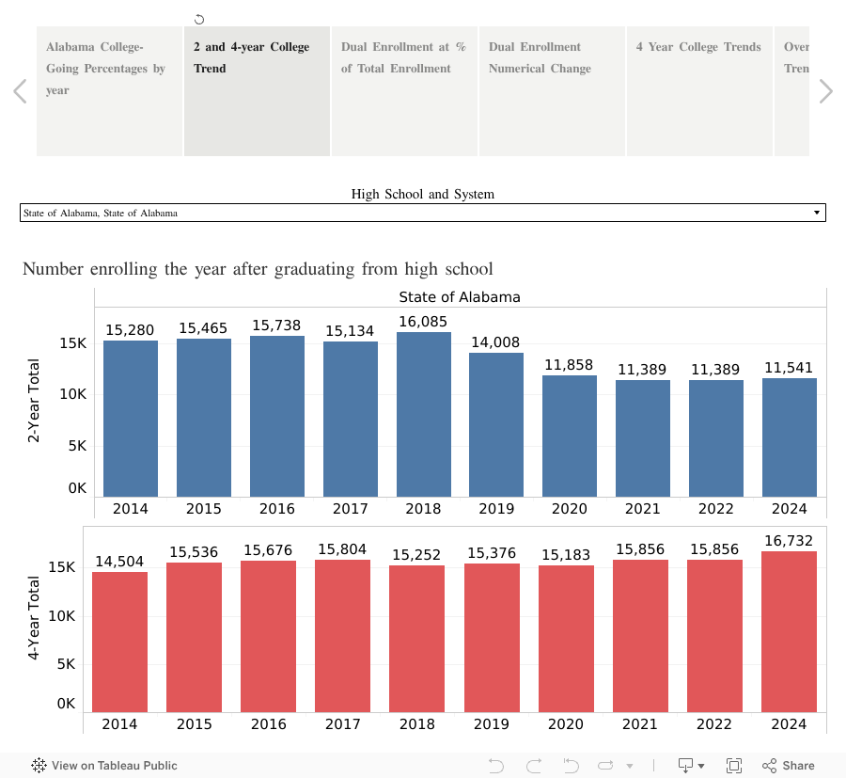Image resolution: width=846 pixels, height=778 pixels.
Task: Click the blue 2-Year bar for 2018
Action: click(x=423, y=414)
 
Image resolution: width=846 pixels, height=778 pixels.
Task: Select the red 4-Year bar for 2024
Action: click(x=789, y=631)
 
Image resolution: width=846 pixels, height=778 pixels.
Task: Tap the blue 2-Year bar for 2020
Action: click(x=570, y=436)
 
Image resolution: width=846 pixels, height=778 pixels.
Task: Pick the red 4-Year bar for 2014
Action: click(x=119, y=642)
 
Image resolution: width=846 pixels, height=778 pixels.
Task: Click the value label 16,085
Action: click(x=423, y=322)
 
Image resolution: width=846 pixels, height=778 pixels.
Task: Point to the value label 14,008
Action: click(x=495, y=342)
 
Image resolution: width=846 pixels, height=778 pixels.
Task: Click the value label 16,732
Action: click(x=789, y=540)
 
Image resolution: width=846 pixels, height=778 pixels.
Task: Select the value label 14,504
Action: click(x=119, y=562)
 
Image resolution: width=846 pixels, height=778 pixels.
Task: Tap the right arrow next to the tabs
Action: click(x=825, y=91)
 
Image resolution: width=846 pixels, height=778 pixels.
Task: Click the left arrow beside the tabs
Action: click(x=20, y=91)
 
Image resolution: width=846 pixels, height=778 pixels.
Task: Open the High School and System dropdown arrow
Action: click(x=816, y=213)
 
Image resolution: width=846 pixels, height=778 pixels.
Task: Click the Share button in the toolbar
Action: click(x=789, y=765)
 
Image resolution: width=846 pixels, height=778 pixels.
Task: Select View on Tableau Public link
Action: click(x=104, y=765)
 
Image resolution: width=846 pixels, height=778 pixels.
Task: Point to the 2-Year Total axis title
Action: click(x=35, y=400)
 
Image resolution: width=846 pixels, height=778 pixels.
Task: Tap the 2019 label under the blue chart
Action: click(x=495, y=509)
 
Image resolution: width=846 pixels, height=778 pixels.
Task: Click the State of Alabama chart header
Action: click(x=459, y=297)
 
